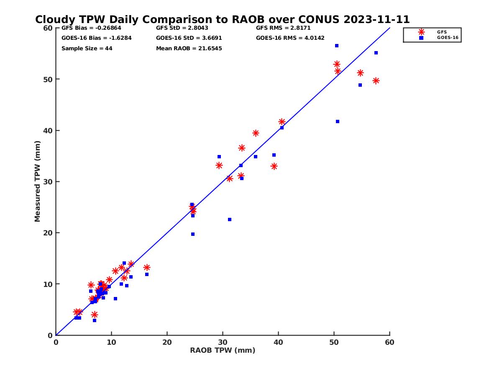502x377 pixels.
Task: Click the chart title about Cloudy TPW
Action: coord(222,19)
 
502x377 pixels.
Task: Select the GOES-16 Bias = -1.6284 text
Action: coord(91,38)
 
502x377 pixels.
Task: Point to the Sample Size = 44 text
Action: coord(87,49)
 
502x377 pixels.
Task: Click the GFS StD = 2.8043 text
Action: coord(183,28)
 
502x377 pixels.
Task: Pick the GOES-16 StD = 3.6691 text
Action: coord(189,38)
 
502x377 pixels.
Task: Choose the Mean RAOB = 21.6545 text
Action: coord(189,49)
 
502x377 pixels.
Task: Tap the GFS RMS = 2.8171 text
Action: coord(283,28)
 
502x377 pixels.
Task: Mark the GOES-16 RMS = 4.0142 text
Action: coord(290,38)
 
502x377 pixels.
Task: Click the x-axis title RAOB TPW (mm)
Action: coord(223,351)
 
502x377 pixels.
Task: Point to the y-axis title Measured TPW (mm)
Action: coord(38,181)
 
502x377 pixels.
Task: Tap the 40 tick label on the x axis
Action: coord(278,342)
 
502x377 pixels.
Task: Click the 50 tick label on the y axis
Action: coord(48,79)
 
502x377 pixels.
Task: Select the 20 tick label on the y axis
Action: coord(48,233)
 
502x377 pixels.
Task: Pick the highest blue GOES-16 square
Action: coord(336,46)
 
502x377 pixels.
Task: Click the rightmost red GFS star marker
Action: coord(376,81)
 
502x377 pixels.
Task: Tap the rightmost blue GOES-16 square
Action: coord(376,53)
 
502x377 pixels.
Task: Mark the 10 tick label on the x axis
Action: coord(111,342)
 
